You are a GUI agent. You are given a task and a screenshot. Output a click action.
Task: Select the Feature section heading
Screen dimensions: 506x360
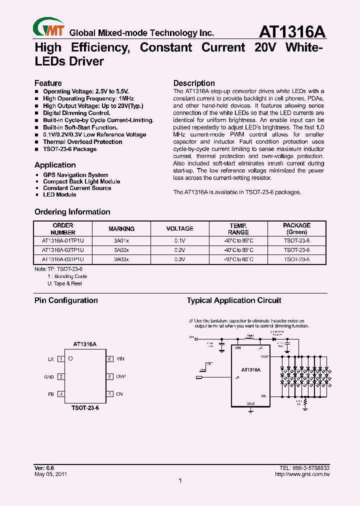pyautogui.click(x=48, y=83)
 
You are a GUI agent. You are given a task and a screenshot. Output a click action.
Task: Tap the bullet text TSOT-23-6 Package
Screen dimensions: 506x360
pyautogui.click(x=69, y=149)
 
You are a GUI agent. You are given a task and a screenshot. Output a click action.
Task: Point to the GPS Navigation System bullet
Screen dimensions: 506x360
pyautogui.click(x=75, y=175)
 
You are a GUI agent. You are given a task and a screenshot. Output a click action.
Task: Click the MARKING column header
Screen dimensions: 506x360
pyautogui.click(x=121, y=228)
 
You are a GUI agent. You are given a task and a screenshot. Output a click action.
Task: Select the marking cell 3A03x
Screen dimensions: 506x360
pyautogui.click(x=121, y=259)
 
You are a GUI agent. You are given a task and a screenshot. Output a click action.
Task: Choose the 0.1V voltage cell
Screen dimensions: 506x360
pyautogui.click(x=179, y=240)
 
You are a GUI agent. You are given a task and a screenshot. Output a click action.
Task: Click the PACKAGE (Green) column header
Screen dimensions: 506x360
pyautogui.click(x=296, y=228)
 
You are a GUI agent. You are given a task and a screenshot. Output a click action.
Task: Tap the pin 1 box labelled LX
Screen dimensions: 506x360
pyautogui.click(x=61, y=359)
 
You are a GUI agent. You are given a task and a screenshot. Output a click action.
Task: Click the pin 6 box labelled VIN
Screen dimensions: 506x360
pyautogui.click(x=109, y=359)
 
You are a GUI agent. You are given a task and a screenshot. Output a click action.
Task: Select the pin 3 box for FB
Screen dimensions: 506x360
pyautogui.click(x=61, y=394)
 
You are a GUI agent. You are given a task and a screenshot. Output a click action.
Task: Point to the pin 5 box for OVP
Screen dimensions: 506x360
pyautogui.click(x=109, y=376)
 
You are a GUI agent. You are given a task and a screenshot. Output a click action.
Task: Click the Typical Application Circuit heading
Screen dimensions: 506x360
pyautogui.click(x=233, y=300)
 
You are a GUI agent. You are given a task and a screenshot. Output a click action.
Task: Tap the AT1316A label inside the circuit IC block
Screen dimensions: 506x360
pyautogui.click(x=250, y=370)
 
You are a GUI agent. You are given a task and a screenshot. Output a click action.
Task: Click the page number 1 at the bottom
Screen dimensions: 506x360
pyautogui.click(x=180, y=481)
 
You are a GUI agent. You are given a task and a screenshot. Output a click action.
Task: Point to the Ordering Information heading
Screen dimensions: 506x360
pyautogui.click(x=72, y=212)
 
